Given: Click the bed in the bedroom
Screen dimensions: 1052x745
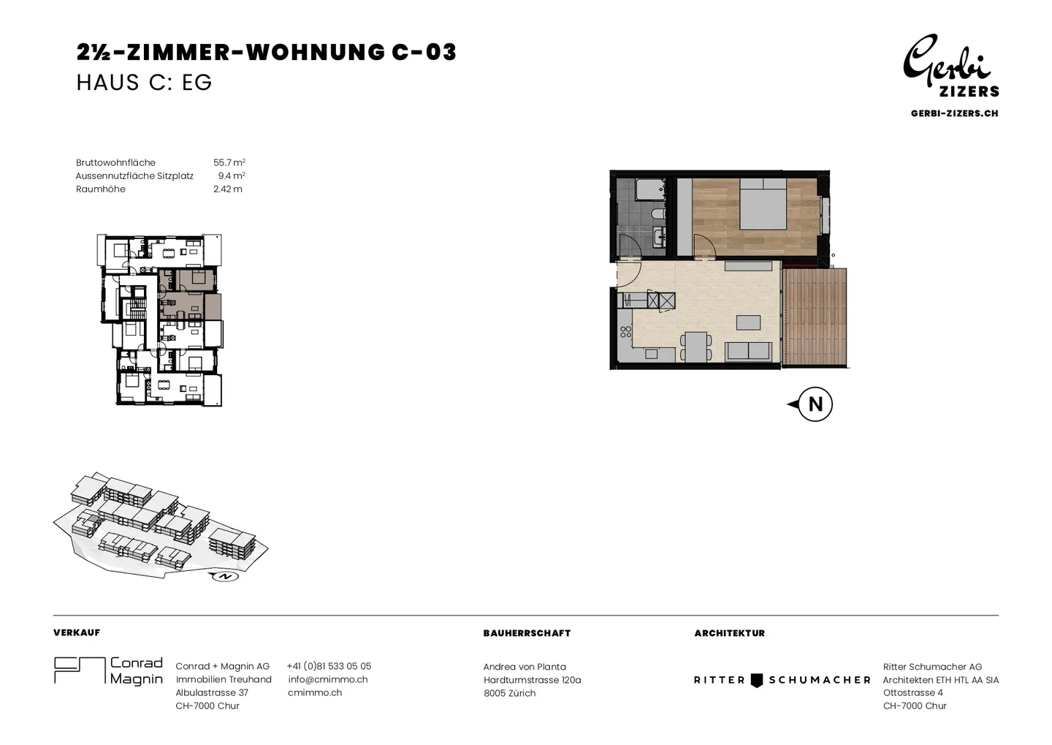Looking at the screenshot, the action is coord(763,203).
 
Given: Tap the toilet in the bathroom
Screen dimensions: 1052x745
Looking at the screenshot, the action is coord(658,215).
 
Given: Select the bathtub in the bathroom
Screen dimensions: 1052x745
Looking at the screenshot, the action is coord(650,189).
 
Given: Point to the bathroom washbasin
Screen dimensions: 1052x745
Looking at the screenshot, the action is coord(660,236).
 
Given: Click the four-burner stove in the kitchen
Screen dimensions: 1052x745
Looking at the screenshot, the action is coord(625,332).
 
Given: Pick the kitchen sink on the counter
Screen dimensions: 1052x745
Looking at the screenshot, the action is coord(652,353).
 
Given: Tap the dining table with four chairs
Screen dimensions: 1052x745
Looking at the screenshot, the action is coord(695,347).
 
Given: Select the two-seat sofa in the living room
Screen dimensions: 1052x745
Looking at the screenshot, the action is coord(748,352).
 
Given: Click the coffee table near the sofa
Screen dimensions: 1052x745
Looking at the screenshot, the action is coord(748,322).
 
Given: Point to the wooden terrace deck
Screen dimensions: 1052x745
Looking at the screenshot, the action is coord(816,317).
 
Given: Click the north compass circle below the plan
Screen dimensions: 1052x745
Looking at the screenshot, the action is coord(815,404).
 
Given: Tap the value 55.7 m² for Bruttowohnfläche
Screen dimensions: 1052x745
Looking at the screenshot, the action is coord(229,162).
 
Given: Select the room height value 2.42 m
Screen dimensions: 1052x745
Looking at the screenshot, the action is coord(228,189).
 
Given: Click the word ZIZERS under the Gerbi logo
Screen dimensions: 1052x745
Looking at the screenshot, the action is coord(969,91).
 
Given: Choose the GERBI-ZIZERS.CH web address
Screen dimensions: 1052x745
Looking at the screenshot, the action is coord(954,113).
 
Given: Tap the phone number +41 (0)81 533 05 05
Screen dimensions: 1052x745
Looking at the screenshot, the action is coord(329,666).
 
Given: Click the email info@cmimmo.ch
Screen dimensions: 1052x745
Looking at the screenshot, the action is coord(328,679).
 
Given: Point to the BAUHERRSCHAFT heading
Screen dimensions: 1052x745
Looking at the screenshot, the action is coord(527,633).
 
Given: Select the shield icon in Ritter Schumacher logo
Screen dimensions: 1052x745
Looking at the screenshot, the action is coord(757,680).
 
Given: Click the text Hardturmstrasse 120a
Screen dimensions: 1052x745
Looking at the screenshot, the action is coord(532,680).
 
